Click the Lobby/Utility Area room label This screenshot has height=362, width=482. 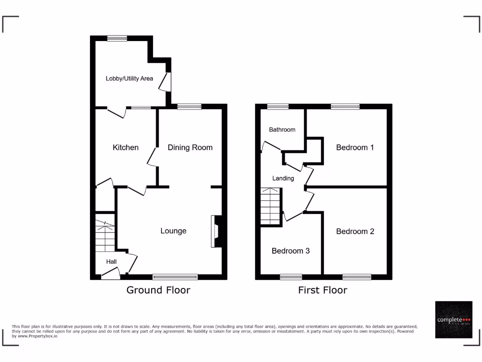point(129,78)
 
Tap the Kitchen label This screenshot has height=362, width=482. point(126,148)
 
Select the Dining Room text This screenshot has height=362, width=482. point(190,148)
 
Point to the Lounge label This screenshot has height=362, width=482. point(173,231)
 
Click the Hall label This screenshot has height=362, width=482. point(111,262)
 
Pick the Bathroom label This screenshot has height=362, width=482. point(282,130)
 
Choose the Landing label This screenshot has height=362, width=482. point(283,178)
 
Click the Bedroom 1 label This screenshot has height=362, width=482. point(355,148)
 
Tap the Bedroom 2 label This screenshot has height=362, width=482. point(355,231)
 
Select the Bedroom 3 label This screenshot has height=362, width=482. point(290,251)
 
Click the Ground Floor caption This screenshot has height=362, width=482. point(158,290)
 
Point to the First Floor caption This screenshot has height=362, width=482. point(322,290)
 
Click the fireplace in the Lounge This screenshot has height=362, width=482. point(217,231)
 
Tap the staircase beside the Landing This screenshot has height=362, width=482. point(271,206)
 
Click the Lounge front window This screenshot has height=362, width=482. point(175,277)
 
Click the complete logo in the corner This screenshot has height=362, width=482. point(453,320)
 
